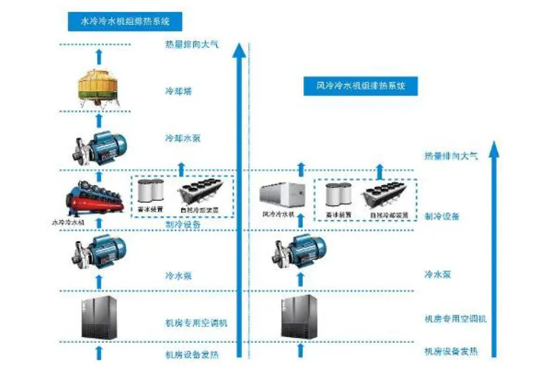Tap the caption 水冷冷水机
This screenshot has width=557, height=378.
69,222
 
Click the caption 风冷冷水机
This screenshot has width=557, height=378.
278,214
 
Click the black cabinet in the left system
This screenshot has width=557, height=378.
100,318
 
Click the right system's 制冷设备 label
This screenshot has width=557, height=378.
441,216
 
